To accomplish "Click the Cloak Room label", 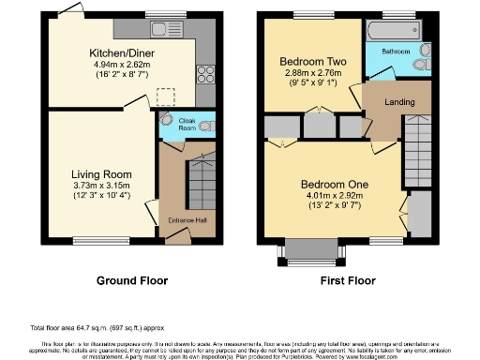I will tap(187, 126).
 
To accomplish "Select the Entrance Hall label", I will tap(186, 220).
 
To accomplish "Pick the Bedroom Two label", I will tap(311, 62).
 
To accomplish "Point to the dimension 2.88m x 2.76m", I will tap(311, 72).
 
